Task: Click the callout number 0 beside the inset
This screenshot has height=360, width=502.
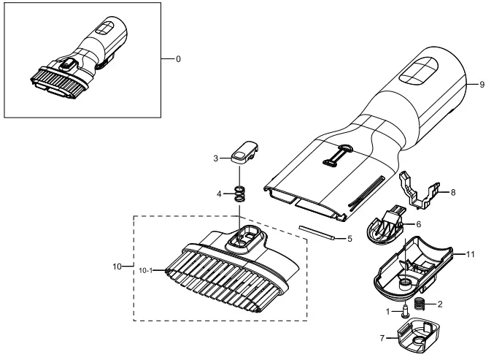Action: tap(178, 59)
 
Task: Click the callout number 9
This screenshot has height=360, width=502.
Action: tap(482, 85)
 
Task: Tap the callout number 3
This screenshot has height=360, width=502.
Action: tap(216, 158)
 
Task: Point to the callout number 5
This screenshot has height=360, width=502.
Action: tap(350, 239)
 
